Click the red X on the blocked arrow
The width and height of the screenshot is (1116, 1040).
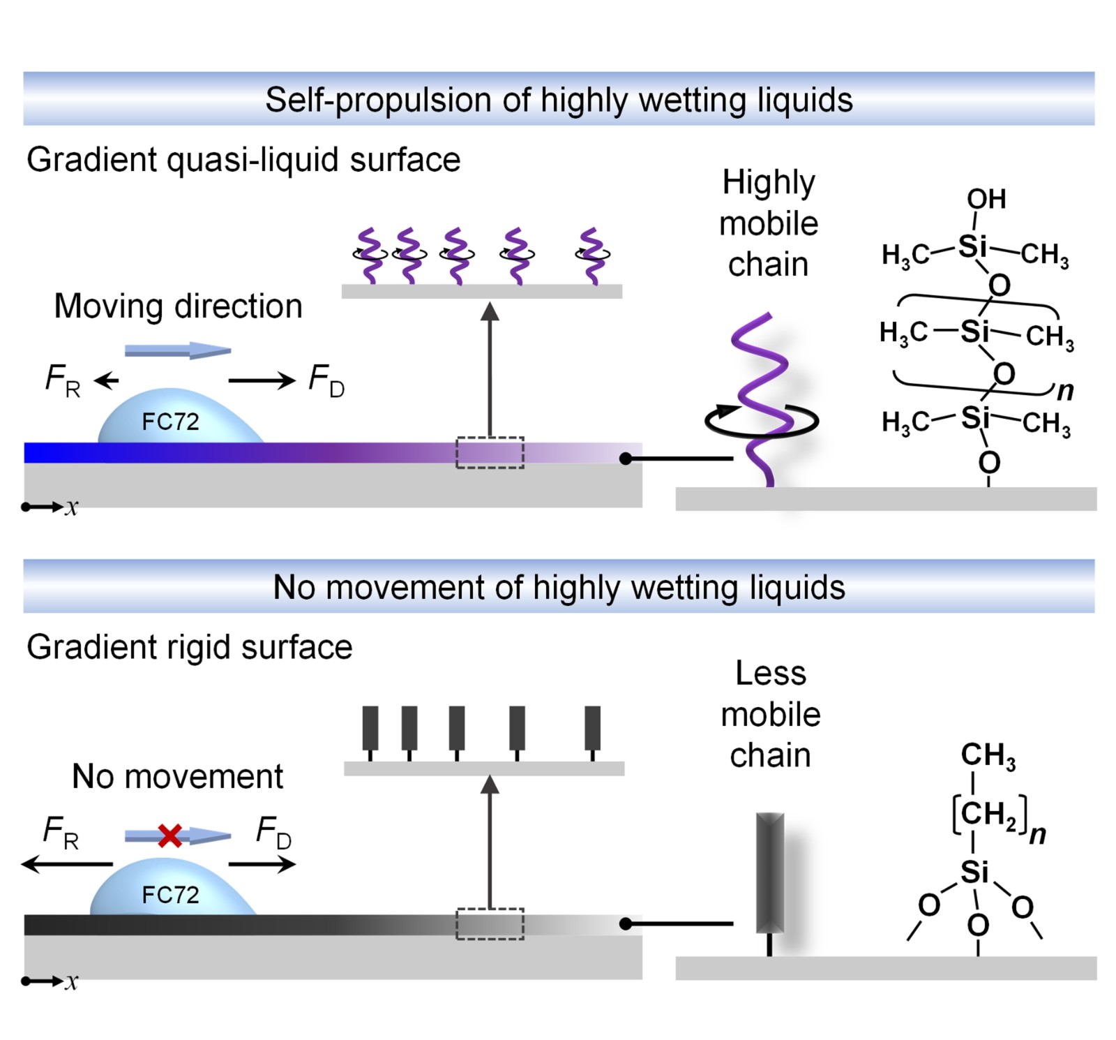point(169,835)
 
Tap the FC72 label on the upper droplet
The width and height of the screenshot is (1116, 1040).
point(170,422)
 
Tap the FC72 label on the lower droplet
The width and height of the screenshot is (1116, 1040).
point(170,894)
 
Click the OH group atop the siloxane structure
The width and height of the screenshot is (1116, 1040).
point(986,199)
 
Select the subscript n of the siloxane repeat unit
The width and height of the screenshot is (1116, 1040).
point(1065,390)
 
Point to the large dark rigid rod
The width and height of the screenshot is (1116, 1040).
point(770,872)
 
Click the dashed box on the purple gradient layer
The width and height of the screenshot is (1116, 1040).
point(490,452)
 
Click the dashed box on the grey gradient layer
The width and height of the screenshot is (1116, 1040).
point(490,923)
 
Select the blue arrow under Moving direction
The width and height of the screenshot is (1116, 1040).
point(177,350)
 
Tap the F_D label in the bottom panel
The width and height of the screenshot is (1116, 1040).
point(273,832)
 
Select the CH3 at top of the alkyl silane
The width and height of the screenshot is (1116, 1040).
point(988,756)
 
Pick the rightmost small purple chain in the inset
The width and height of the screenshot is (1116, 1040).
point(592,255)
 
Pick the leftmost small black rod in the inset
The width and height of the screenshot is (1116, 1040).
point(370,729)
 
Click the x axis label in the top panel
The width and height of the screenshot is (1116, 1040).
point(71,507)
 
